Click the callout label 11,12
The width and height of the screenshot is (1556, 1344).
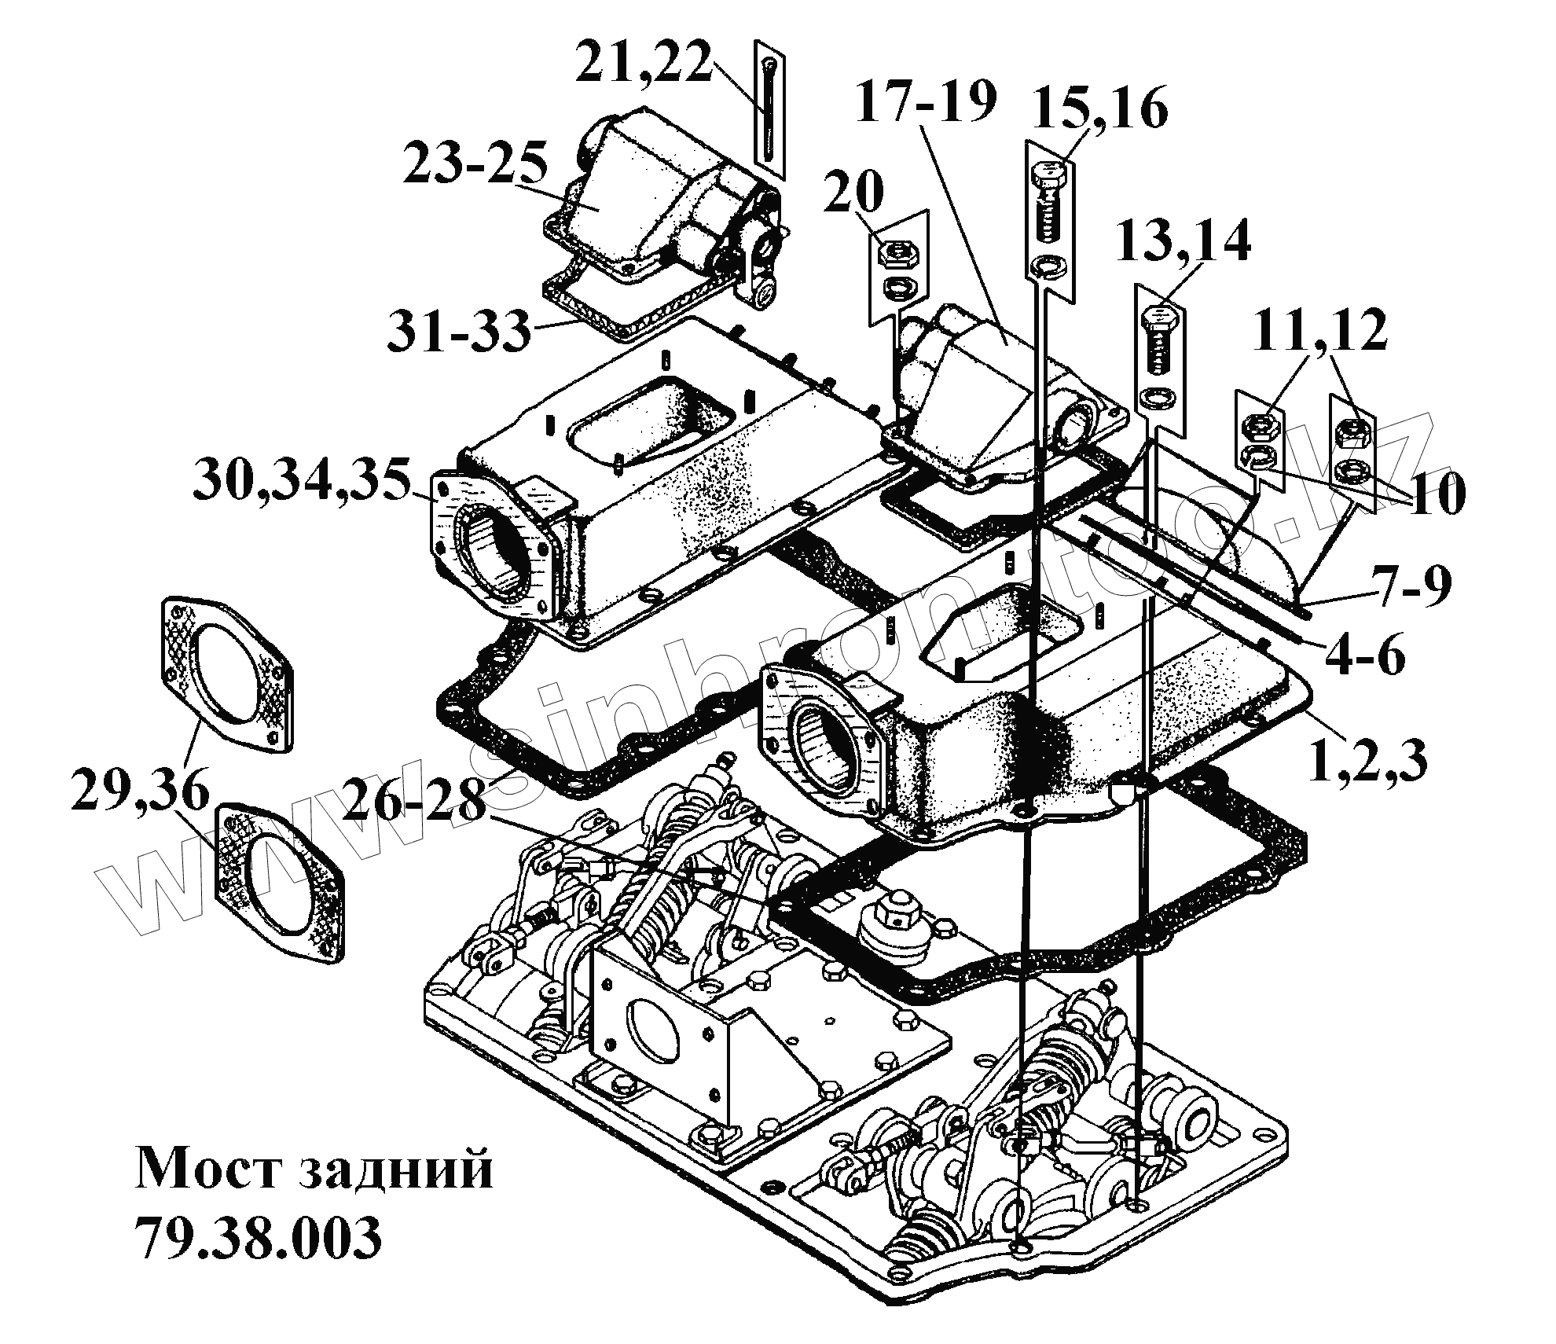[1319, 330]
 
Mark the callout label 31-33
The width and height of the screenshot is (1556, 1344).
[459, 330]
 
